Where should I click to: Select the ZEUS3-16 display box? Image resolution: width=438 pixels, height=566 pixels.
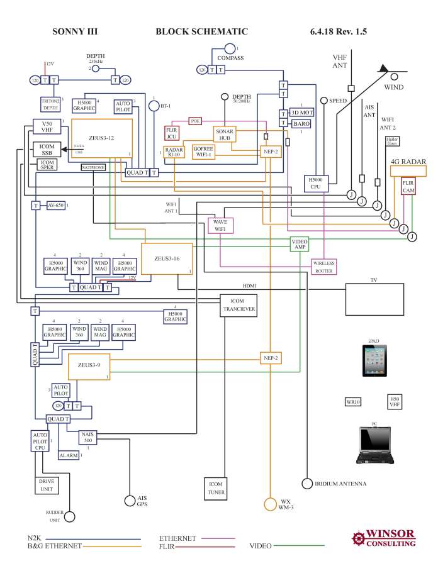tap(166, 258)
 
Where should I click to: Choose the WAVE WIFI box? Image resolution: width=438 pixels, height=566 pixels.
tap(220, 225)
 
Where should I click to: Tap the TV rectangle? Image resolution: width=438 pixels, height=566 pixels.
tap(377, 298)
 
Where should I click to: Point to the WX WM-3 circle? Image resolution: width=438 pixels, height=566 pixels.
tap(270, 504)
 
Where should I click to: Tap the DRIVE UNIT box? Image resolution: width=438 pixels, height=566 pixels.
tap(45, 485)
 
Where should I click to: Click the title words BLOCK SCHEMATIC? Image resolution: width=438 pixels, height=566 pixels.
tap(201, 31)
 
